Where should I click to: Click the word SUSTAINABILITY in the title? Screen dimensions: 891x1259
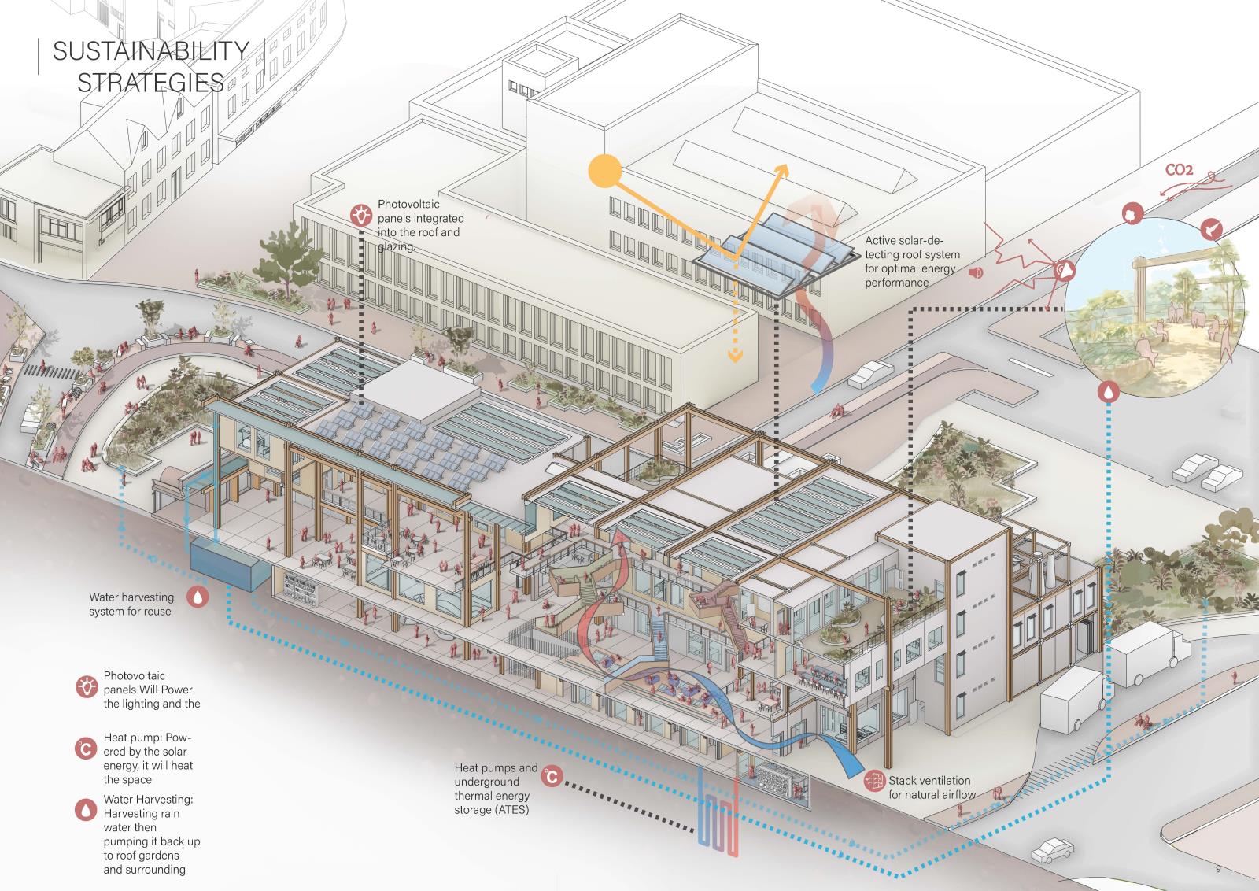pos(150,51)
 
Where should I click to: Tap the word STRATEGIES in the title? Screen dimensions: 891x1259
pos(150,82)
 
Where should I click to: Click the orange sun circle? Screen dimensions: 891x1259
pos(605,170)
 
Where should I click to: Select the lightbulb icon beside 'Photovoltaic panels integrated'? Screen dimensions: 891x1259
pos(361,213)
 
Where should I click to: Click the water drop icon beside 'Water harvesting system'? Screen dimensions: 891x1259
pos(198,597)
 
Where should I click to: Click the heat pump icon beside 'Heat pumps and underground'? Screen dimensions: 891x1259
pos(552,777)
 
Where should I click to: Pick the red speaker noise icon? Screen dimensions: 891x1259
pos(977,273)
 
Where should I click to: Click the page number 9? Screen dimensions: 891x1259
pos(1217,869)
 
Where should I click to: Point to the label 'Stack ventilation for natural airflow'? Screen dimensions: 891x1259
pos(931,788)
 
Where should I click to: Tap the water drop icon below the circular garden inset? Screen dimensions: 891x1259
pos(1108,390)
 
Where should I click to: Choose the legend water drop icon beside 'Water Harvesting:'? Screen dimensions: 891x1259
pos(85,810)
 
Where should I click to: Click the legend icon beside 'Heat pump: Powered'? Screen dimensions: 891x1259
pos(85,749)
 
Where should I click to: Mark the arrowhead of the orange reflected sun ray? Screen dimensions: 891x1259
pos(782,170)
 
